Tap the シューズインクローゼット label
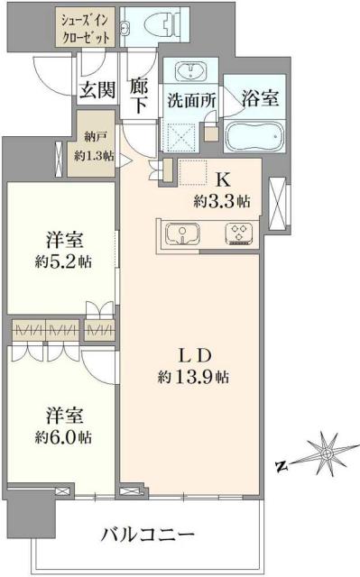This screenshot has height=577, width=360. pos(87,27)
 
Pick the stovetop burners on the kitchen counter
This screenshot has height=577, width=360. pos(239,234)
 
